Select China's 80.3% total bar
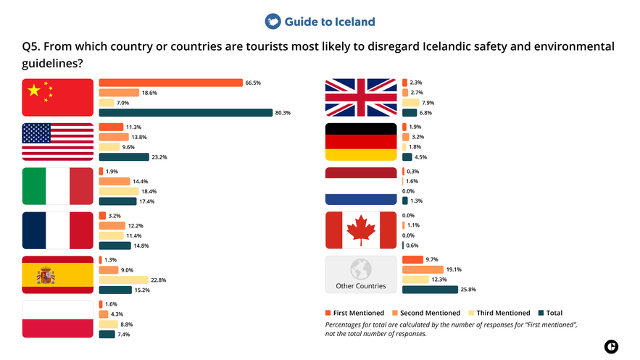(x=186, y=112)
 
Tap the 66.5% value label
(x=253, y=83)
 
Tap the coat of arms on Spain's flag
(x=46, y=275)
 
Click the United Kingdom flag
(x=361, y=97)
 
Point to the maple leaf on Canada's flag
(x=361, y=230)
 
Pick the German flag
(x=361, y=141)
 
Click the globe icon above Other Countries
(x=360, y=269)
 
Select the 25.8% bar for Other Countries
(x=430, y=289)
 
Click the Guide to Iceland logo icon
(x=273, y=22)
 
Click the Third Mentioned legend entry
(x=499, y=313)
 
